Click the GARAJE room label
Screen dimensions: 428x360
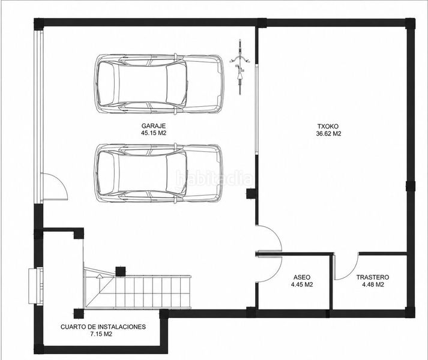click(x=154, y=126)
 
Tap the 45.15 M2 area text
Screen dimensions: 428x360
click(x=154, y=133)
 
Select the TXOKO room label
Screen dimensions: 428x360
click(x=328, y=127)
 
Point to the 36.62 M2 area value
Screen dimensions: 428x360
click(x=328, y=134)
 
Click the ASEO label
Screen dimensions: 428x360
click(x=301, y=277)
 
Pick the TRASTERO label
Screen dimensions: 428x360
click(x=373, y=277)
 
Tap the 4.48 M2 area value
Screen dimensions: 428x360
click(x=373, y=284)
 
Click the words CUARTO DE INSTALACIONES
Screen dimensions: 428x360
click(x=103, y=327)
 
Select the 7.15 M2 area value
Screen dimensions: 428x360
click(x=101, y=334)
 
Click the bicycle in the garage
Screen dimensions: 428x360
click(x=240, y=67)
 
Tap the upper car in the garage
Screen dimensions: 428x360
click(x=158, y=83)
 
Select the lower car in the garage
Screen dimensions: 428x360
click(x=158, y=173)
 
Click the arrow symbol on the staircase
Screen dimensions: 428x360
click(x=100, y=276)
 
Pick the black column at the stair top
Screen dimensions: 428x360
click(x=121, y=272)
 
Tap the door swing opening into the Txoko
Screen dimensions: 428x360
click(x=274, y=233)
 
